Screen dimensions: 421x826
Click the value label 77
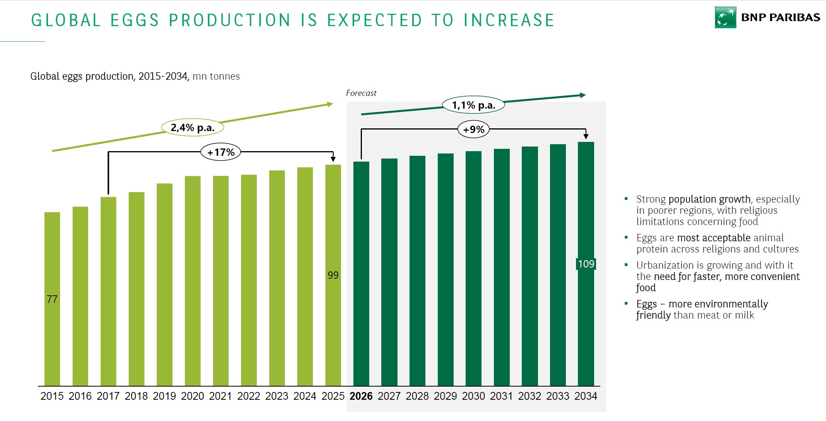(x=52, y=299)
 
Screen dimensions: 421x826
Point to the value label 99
(x=333, y=275)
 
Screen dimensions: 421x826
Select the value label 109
(x=586, y=264)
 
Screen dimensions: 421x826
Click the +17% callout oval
(x=221, y=152)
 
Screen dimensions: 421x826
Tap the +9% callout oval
(x=473, y=130)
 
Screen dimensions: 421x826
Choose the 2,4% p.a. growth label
(x=192, y=128)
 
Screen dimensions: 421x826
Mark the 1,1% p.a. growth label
(x=473, y=105)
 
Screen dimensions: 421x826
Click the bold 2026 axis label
(x=361, y=396)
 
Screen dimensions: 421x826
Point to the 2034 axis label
(x=586, y=396)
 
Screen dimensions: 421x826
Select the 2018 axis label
(x=136, y=396)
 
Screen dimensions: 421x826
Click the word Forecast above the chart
(x=361, y=93)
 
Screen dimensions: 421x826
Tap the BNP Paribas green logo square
(x=725, y=17)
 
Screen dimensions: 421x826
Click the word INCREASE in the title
(x=509, y=20)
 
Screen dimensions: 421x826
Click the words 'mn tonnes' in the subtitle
(x=216, y=77)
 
